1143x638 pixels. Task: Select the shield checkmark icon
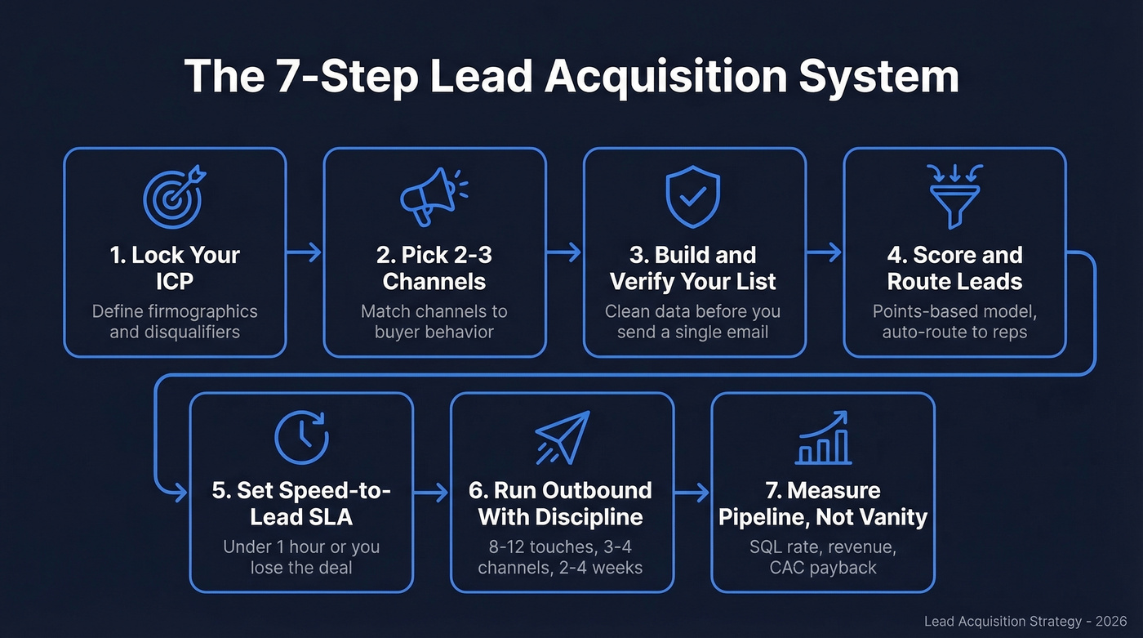pos(693,197)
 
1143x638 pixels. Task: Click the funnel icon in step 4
pos(954,195)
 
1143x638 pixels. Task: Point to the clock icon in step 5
pos(301,437)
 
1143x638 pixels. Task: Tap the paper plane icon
pos(563,437)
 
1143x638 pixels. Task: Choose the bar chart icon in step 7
pos(823,437)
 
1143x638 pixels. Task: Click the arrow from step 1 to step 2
pos(305,253)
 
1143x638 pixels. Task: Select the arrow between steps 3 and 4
pos(824,253)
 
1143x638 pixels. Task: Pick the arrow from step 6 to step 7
pos(692,493)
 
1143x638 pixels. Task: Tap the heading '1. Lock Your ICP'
pos(175,268)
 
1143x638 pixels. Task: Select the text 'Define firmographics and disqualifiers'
pos(175,322)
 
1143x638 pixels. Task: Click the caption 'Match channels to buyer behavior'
pos(434,322)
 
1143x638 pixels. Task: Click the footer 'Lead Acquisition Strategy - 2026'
pos(1025,622)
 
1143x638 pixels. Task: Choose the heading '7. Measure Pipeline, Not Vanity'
pos(823,503)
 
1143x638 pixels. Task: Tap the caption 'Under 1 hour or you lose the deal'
pos(301,556)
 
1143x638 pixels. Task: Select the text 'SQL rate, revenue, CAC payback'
pos(823,556)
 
